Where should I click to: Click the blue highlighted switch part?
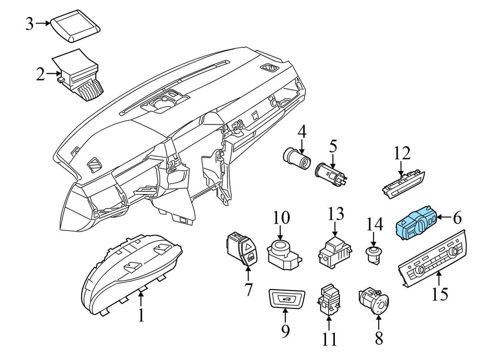coord(418,223)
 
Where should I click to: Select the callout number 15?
coord(440,294)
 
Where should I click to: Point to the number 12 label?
coord(402,152)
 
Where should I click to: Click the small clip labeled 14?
coord(374,253)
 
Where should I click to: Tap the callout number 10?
coord(281,218)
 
